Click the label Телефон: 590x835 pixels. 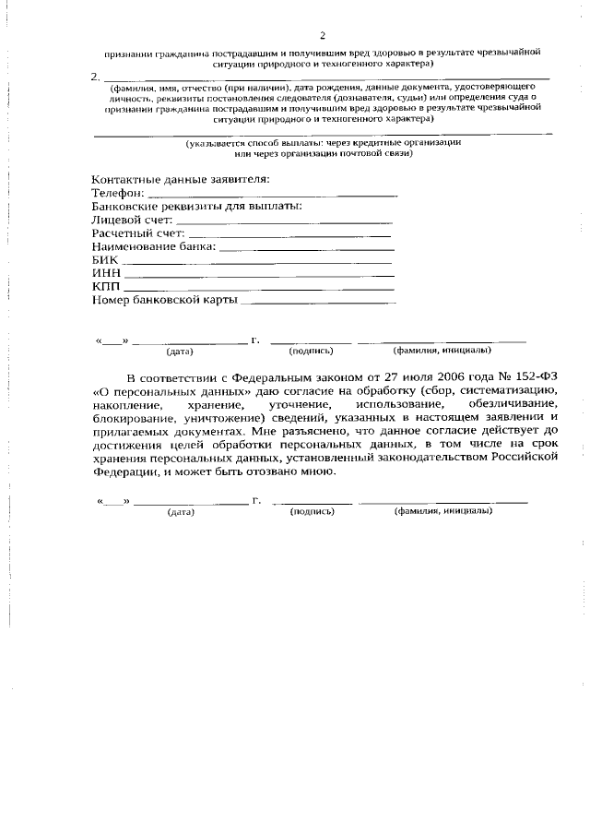tap(119, 193)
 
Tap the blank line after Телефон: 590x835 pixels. tap(272, 195)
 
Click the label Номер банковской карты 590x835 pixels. tap(165, 301)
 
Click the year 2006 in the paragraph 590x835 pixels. tap(417, 377)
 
